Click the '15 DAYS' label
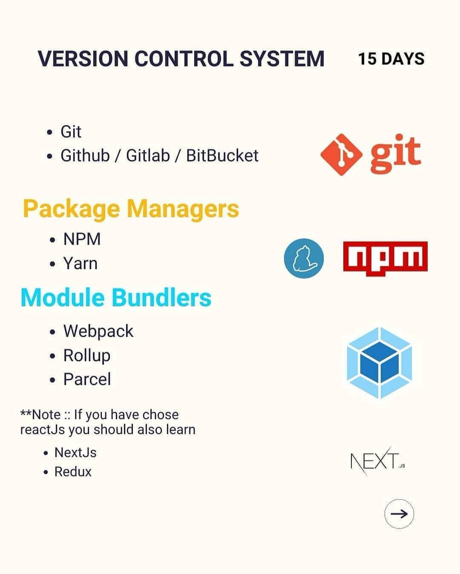click(x=391, y=59)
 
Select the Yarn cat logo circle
click(x=304, y=259)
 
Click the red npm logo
click(x=385, y=256)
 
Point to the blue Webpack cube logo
click(x=379, y=363)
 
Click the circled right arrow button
click(x=399, y=514)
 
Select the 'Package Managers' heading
click(x=131, y=209)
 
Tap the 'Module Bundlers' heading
click(x=116, y=298)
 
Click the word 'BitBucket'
click(x=222, y=155)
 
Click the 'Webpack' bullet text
click(x=98, y=331)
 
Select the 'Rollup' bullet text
click(x=87, y=355)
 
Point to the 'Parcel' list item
click(x=87, y=379)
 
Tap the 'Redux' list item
click(x=73, y=472)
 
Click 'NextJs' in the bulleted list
click(x=75, y=452)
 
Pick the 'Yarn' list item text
click(x=80, y=264)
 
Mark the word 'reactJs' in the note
click(x=42, y=430)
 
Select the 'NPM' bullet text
click(x=82, y=239)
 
